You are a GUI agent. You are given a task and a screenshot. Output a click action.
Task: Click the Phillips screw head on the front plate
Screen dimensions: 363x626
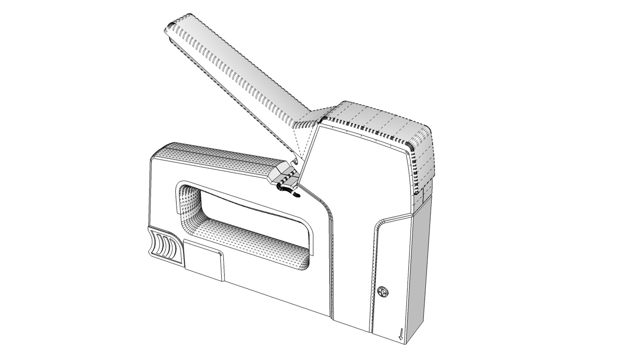pyautogui.click(x=383, y=292)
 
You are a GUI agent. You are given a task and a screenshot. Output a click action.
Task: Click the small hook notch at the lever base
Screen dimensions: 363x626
pyautogui.click(x=295, y=162)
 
